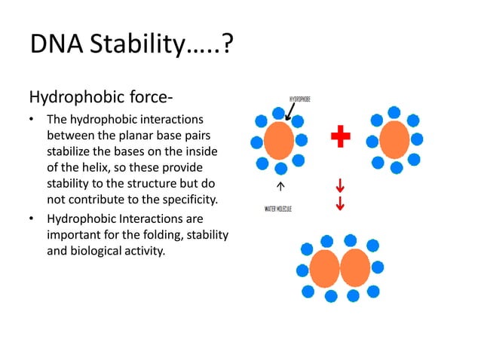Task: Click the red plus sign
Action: (341, 137)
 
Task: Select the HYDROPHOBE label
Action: (300, 99)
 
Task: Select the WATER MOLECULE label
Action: (278, 208)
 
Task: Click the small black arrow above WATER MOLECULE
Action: (280, 185)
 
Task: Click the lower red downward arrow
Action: (340, 203)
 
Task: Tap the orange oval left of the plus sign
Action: (280, 141)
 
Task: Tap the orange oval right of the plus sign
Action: (394, 140)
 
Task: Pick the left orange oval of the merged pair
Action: (325, 268)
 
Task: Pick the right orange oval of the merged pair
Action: (355, 268)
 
